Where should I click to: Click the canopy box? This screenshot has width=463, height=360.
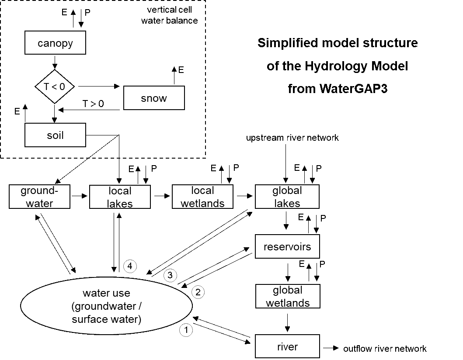(55, 42)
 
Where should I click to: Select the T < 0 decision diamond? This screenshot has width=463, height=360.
(55, 87)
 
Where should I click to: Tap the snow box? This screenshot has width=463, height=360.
(154, 98)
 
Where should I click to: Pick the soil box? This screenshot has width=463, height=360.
(55, 135)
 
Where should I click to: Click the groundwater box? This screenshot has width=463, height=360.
(40, 197)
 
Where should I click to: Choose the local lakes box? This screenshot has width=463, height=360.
(120, 197)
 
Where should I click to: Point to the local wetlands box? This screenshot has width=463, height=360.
(202, 197)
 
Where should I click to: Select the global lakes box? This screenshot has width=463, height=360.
(287, 197)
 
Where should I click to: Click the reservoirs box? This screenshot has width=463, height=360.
(287, 246)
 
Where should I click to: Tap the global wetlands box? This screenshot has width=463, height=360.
(288, 296)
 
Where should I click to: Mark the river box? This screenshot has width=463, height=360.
(287, 346)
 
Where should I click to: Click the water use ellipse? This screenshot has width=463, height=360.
(106, 306)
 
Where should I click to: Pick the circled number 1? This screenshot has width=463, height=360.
(186, 329)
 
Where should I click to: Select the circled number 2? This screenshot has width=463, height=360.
(198, 292)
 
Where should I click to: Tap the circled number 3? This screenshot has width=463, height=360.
(170, 275)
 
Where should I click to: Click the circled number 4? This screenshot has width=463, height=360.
(130, 266)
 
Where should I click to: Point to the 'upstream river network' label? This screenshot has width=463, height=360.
(292, 138)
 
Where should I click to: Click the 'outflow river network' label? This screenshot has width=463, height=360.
(385, 349)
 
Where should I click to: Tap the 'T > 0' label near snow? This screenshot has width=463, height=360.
(93, 104)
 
